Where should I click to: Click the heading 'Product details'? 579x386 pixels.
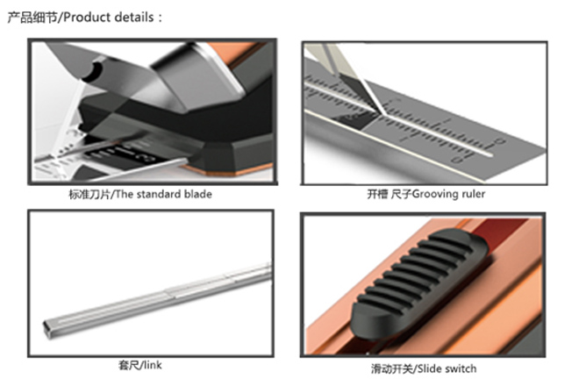(109, 18)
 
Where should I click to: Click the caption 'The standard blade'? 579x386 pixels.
(164, 194)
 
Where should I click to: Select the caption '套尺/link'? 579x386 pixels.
(140, 365)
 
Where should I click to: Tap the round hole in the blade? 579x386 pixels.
(93, 72)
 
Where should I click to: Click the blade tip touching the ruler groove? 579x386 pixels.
(382, 112)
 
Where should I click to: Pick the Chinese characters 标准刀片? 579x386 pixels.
(89, 194)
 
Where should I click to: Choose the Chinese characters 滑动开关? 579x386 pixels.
(392, 368)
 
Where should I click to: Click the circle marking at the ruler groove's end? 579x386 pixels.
(500, 141)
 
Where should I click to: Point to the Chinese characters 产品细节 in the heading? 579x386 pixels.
(32, 18)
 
